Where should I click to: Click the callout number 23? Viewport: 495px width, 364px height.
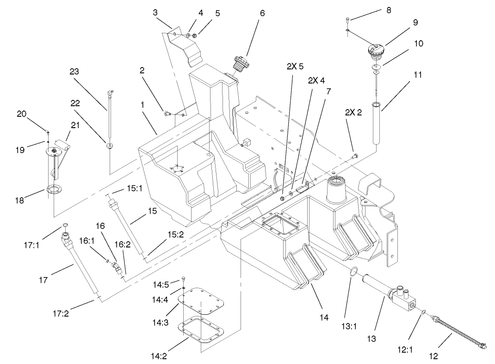tap(74, 72)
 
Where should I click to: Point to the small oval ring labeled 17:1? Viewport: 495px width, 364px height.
tap(66, 226)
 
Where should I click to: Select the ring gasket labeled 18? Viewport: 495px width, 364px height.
tap(54, 189)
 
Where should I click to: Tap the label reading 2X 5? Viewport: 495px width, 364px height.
tap(295, 66)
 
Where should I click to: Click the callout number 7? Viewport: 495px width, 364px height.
tap(328, 91)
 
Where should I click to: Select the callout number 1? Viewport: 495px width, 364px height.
tap(142, 105)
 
